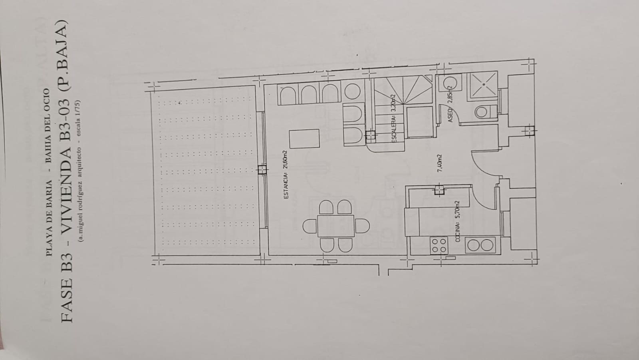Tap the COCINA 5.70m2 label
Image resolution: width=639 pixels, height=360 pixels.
[x=458, y=221]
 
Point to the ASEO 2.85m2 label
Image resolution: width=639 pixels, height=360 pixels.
[x=450, y=103]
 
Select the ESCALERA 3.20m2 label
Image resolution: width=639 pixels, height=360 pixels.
[x=394, y=118]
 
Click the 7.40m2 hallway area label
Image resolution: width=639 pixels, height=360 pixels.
[x=440, y=163]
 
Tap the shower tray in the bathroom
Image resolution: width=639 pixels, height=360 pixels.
[x=484, y=85]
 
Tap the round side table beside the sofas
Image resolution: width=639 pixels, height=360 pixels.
[x=352, y=91]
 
